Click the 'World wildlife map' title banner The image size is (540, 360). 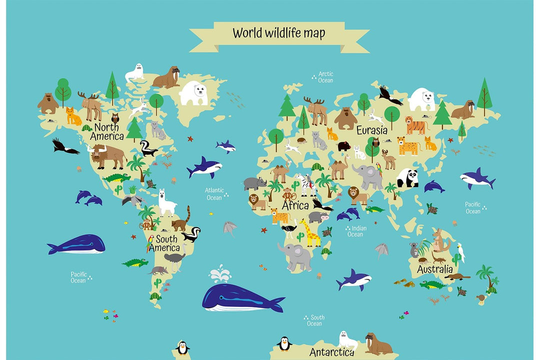click(x=279, y=34)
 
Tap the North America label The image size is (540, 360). click(x=106, y=131)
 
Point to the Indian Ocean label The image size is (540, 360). click(x=355, y=231)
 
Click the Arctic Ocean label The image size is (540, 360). click(x=325, y=77)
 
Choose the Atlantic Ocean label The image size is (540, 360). click(x=214, y=194)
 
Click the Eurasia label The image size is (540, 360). click(x=371, y=130)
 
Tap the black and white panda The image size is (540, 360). click(x=408, y=178)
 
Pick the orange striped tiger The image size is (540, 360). click(x=416, y=125)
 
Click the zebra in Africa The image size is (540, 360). click(x=306, y=184)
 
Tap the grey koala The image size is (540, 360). click(x=414, y=250)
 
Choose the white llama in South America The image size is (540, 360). click(x=166, y=202)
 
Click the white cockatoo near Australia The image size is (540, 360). click(x=460, y=252)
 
